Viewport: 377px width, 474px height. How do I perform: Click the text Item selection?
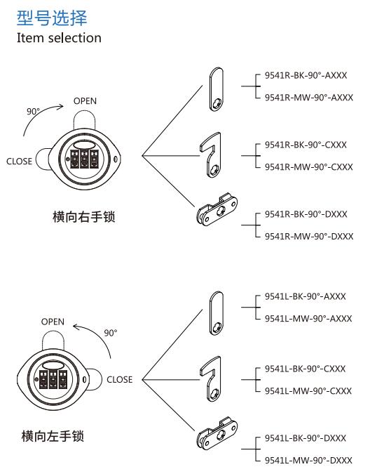pos(59,38)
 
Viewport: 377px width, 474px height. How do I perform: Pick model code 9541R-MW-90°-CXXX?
pos(308,167)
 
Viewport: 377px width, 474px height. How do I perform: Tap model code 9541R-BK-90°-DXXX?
pos(306,214)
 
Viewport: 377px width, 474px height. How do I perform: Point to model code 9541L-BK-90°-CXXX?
pos(306,369)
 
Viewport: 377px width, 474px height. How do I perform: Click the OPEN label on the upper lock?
pos(85,101)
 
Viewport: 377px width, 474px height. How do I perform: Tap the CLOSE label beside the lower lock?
pos(120,379)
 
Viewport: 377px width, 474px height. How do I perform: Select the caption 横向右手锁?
pos(84,217)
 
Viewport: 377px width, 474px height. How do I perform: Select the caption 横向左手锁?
pos(53,437)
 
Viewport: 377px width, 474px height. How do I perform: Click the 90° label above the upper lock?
pos(33,112)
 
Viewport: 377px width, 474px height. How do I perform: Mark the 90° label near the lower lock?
pos(110,333)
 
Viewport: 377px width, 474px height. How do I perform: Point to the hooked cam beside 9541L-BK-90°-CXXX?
pos(212,376)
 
